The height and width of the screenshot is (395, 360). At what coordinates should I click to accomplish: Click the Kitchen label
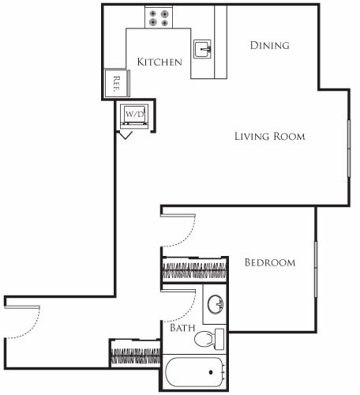click(159, 62)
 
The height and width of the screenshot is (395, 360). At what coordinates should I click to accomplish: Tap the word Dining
click(269, 45)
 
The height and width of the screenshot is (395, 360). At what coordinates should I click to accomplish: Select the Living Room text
click(269, 136)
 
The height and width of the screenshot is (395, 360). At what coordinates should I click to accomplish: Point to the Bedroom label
click(269, 262)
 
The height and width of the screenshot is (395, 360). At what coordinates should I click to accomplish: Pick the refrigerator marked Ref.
click(116, 81)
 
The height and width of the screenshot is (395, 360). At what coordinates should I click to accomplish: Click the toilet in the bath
click(207, 340)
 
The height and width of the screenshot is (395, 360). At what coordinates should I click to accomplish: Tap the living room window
click(348, 148)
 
